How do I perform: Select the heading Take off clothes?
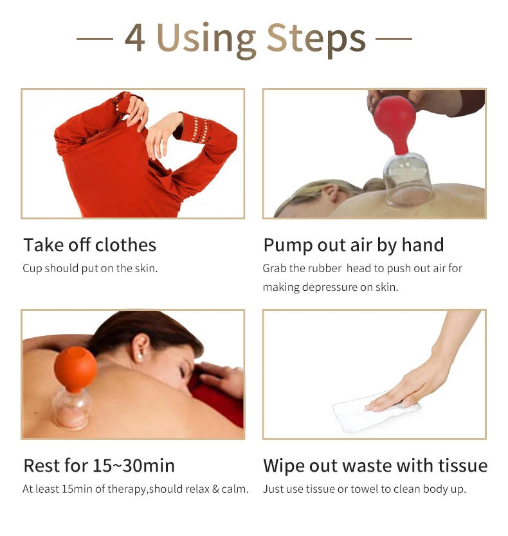tap(89, 245)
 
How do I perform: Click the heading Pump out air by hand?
tap(353, 245)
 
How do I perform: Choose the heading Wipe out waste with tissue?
tap(375, 465)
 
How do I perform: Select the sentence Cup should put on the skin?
tap(90, 268)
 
